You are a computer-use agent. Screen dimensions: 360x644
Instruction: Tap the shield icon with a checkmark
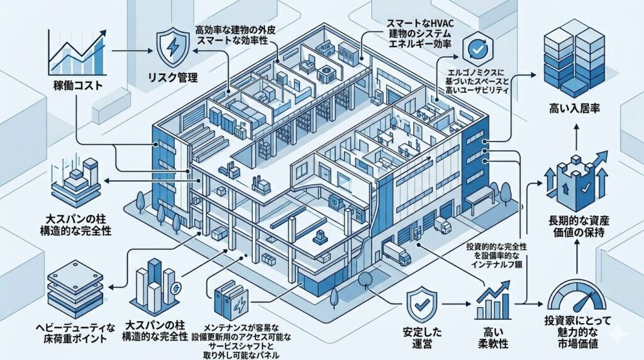click(419, 305)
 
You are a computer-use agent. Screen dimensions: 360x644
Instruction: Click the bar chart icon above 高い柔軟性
click(494, 302)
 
